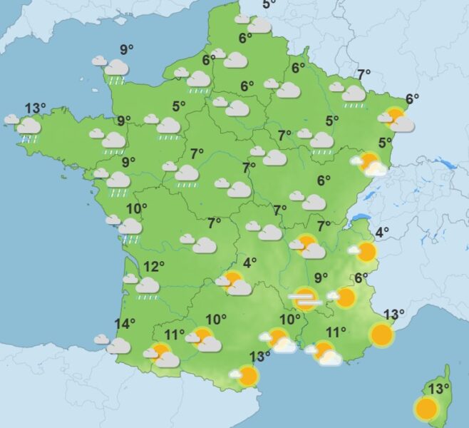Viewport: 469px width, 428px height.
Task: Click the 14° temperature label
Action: click(x=125, y=325)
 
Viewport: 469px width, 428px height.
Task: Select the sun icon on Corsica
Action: click(x=426, y=409)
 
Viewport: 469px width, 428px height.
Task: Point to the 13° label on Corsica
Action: click(x=440, y=389)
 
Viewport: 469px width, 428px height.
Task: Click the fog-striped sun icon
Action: click(x=306, y=298)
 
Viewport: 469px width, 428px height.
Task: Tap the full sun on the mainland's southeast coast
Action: click(x=382, y=334)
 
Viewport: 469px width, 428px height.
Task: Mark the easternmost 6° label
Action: click(x=412, y=99)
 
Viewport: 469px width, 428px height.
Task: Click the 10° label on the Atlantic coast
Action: click(x=137, y=209)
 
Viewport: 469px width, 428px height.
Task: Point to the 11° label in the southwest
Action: click(x=175, y=334)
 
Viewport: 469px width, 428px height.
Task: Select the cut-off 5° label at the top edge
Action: click(x=269, y=4)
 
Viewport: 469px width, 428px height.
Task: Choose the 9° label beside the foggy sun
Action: click(x=321, y=277)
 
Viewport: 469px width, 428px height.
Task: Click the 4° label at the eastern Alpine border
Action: click(x=382, y=232)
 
